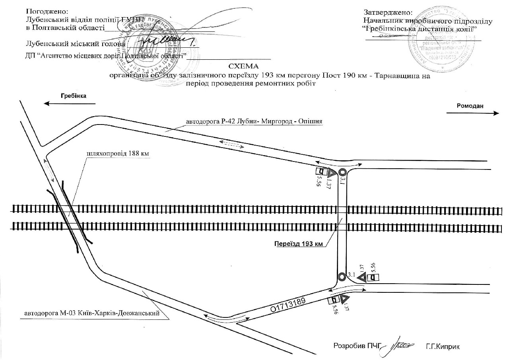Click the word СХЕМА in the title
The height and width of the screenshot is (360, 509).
point(243,66)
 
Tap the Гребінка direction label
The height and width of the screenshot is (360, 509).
point(73,96)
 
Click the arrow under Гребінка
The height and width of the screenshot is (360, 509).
point(70,104)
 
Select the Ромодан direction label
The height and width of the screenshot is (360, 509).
point(470,105)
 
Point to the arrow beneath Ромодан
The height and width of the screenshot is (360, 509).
point(473,113)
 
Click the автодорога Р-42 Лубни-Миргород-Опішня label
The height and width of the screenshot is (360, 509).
point(254,121)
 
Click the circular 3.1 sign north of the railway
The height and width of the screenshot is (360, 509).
point(342,172)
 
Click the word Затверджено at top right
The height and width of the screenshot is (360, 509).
point(388,13)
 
